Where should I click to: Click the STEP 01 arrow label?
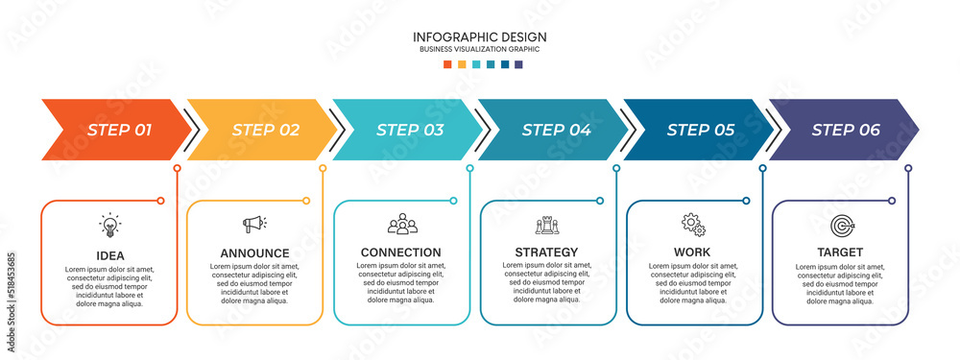pos(119,130)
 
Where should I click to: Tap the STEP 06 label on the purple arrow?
pos(846,130)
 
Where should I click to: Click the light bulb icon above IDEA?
pos(110,226)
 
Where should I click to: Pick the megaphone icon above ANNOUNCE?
pos(254,224)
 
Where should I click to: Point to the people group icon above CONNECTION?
pos(402,224)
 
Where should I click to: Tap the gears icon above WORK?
pos(693,224)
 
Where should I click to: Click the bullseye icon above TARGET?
pos(842,226)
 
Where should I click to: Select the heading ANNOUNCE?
pos(254,252)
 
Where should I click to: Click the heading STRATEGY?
pos(546,252)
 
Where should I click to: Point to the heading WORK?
pos(692,252)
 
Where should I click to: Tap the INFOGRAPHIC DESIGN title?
pos(480,36)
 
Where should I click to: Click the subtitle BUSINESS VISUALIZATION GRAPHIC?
pos(480,49)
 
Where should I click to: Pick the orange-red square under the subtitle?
pos(447,64)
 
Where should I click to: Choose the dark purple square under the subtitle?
pos(518,64)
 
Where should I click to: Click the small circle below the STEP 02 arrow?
pos(323,168)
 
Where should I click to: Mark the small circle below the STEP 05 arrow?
pos(762,168)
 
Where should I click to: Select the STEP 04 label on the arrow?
pos(556,130)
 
